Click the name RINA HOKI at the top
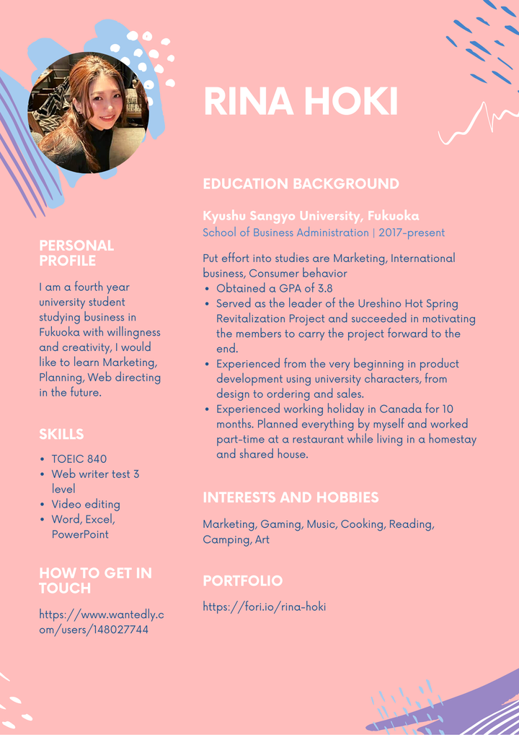[x=301, y=102]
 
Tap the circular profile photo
[x=88, y=113]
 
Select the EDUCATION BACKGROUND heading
[x=301, y=184]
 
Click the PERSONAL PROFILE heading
[x=76, y=253]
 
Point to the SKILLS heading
[x=61, y=434]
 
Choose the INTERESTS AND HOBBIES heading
[x=290, y=497]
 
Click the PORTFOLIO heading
[x=242, y=580]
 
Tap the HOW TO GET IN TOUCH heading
[x=95, y=580]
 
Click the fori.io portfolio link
[x=264, y=606]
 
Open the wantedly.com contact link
[x=101, y=622]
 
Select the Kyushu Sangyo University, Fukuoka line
[x=311, y=216]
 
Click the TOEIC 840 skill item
[x=79, y=459]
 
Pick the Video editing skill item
[x=85, y=504]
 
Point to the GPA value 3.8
[x=324, y=289]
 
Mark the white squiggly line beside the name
[x=478, y=123]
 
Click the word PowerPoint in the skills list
[x=80, y=534]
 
